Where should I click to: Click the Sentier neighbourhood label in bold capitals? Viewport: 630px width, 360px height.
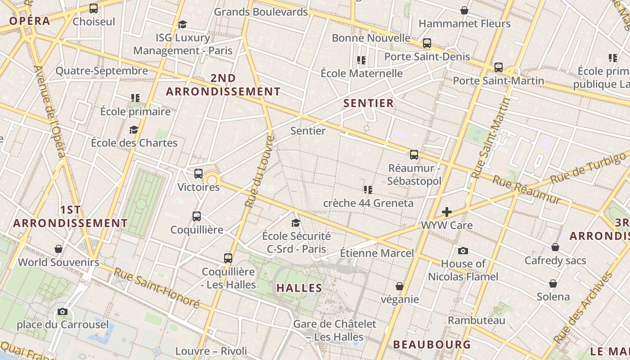coord(369,103)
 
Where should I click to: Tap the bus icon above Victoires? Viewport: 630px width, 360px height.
coord(198,174)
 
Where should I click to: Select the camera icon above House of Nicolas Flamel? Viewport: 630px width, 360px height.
coord(463,251)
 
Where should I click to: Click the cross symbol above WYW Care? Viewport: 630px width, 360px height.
coord(447,212)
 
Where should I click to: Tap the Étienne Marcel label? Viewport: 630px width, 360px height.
coord(376,253)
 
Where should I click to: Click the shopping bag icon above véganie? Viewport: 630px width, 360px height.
coord(399,286)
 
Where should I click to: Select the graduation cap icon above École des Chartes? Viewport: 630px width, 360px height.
coord(134,130)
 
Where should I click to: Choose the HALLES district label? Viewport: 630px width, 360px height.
coord(299,288)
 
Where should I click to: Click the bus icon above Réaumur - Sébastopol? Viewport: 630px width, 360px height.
coord(414,155)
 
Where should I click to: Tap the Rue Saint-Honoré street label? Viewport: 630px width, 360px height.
coord(156,288)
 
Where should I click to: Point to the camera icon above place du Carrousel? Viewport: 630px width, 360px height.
coord(63,311)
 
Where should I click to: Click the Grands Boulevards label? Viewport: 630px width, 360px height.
coord(261,12)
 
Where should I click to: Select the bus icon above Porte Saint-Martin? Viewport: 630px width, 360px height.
coord(499,67)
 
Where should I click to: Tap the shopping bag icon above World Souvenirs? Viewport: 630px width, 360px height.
coord(58,249)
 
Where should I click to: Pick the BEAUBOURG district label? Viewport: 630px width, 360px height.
coord(432,345)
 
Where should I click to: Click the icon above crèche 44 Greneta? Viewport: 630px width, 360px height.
coord(368,190)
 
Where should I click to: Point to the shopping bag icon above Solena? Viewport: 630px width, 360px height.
coord(553,283)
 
